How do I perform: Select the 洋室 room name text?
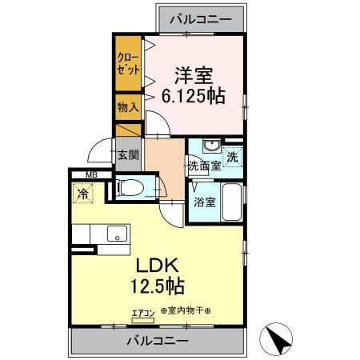[194, 75]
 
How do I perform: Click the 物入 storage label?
[127, 106]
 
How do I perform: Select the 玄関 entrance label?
[126, 155]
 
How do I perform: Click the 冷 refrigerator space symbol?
[83, 192]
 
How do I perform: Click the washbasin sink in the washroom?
[210, 146]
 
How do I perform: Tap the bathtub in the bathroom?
[232, 204]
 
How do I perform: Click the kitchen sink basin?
[118, 235]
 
